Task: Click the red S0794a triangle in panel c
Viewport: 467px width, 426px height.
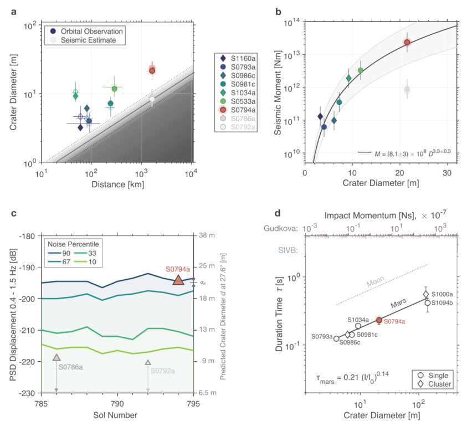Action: coord(178,280)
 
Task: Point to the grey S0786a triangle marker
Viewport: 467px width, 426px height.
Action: coord(57,358)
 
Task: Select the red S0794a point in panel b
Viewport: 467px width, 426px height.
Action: coord(407,42)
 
